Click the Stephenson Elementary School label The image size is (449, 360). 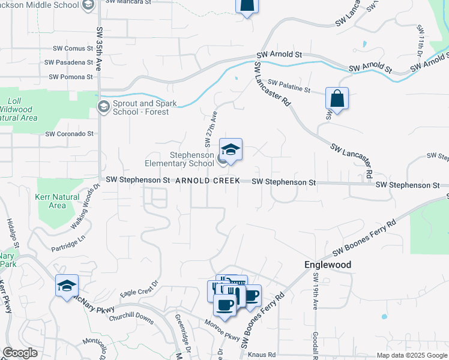point(179,158)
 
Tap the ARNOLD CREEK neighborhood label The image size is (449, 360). point(207,181)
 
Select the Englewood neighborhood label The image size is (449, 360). point(327,265)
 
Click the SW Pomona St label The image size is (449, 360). point(71,77)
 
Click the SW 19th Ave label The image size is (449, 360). point(315,291)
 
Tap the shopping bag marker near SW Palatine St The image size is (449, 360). point(337,98)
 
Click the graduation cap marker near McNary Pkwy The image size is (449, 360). point(67,286)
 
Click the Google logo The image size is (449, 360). point(20,353)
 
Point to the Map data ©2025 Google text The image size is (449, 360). point(412,355)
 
